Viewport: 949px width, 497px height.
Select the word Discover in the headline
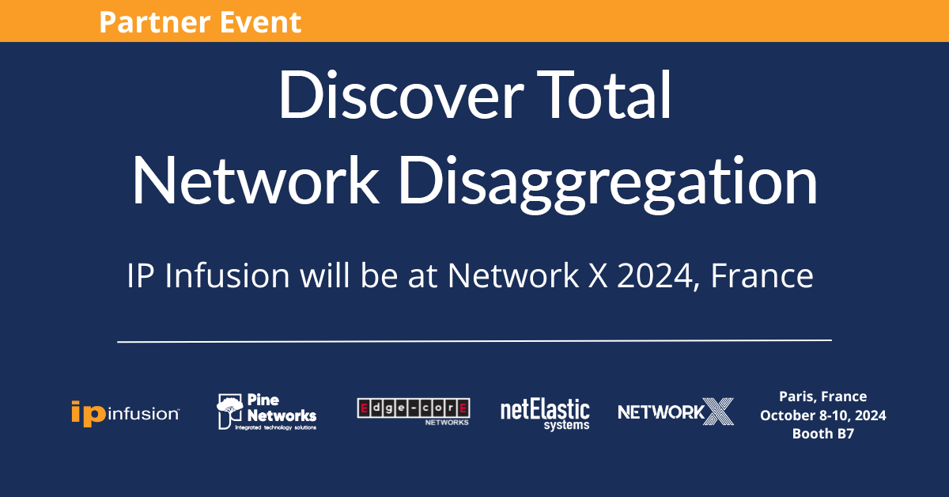401,94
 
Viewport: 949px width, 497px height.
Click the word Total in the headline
604,94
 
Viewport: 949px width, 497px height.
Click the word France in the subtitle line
762,275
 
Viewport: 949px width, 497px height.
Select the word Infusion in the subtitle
227,275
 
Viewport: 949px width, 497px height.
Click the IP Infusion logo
126,412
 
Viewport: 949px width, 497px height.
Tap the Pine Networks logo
267,412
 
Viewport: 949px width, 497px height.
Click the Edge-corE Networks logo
414,412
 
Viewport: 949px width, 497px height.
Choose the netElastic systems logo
545,415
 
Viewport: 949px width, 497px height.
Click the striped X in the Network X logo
718,412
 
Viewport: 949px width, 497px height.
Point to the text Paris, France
822,396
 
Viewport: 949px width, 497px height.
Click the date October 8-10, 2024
822,415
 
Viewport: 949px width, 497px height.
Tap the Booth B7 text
822,434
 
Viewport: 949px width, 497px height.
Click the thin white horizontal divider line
475,340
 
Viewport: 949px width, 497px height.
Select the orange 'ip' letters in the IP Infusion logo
88,413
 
